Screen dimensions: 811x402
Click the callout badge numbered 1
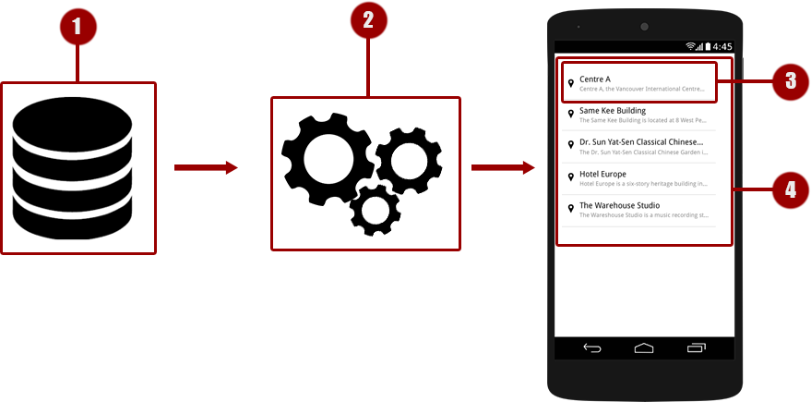[x=78, y=27]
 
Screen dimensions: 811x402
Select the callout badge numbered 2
[x=368, y=23]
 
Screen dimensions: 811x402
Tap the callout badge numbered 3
[x=790, y=80]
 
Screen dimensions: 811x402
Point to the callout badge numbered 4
[x=790, y=190]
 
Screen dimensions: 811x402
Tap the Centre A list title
[x=595, y=79]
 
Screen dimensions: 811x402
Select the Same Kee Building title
[x=613, y=111]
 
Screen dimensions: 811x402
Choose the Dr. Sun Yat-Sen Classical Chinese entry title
[x=642, y=142]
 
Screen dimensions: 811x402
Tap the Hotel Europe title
[x=602, y=174]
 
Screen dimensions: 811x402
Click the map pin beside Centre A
[x=571, y=84]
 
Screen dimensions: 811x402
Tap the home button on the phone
[x=644, y=348]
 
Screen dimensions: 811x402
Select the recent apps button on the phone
[x=696, y=348]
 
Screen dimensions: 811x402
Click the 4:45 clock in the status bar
[x=722, y=46]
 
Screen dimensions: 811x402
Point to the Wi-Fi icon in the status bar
[x=691, y=46]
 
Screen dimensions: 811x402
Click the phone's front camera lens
[x=644, y=26]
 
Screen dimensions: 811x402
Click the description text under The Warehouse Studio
[x=643, y=214]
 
